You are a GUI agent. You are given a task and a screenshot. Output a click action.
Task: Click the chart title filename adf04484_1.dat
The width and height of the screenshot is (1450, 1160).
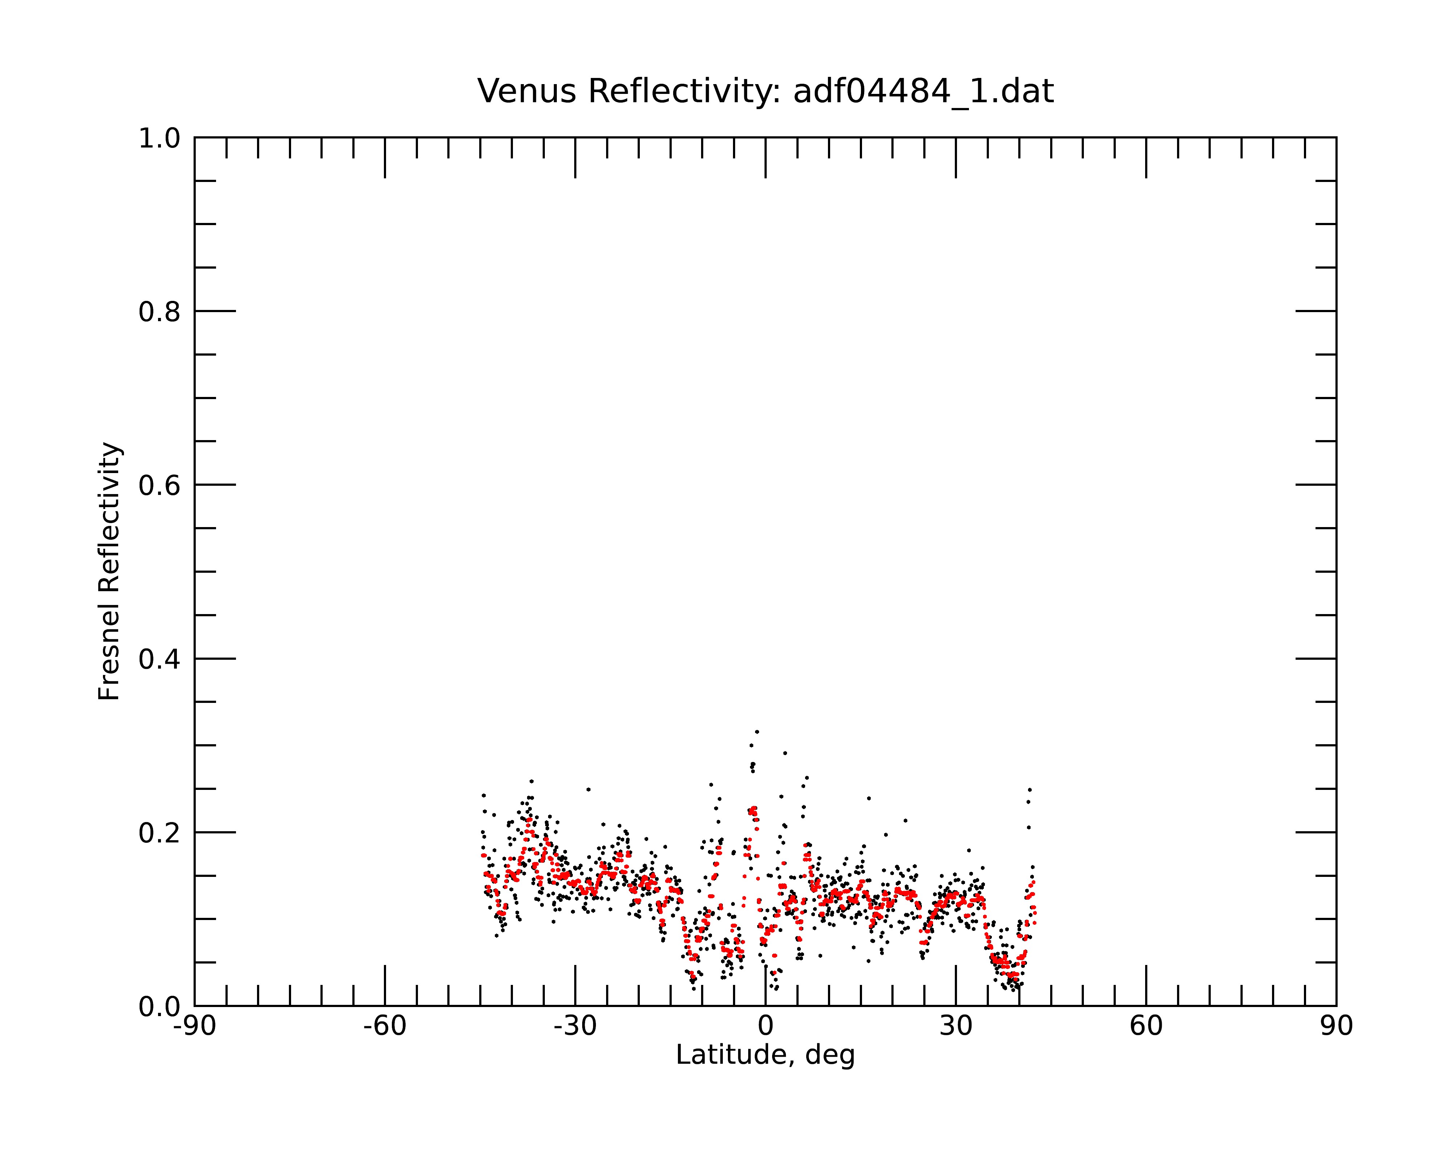click(923, 91)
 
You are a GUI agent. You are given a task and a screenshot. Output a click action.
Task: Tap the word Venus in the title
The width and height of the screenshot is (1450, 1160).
click(527, 91)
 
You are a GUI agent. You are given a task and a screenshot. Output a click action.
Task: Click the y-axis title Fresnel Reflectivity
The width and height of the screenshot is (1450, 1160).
click(109, 571)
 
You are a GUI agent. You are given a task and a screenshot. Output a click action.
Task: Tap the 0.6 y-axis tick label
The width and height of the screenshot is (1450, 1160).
click(159, 485)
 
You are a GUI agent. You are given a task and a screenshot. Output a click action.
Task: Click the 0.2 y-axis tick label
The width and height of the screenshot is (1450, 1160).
click(159, 833)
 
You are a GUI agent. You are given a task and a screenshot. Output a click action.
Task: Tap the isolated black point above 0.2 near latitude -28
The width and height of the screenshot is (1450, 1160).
click(588, 790)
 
